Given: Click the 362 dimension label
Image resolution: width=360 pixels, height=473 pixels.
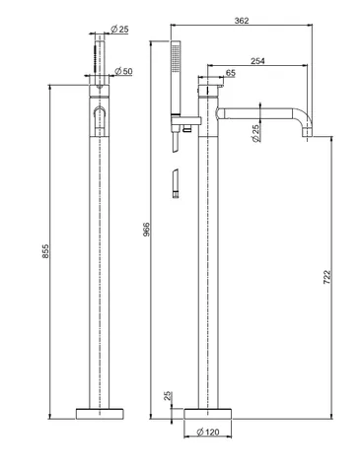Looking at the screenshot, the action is point(242,21).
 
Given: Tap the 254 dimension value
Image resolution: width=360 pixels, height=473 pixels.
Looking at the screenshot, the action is point(257,61).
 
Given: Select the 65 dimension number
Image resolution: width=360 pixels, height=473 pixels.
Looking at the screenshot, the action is point(231,73).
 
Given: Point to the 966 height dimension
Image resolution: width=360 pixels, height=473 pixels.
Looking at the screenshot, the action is point(146,230).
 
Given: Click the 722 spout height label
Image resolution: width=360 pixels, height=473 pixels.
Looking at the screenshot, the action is point(326,277).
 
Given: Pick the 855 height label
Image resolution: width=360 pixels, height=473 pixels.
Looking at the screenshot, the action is point(45,251).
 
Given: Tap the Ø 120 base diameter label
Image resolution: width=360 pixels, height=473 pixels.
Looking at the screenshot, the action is point(208,432).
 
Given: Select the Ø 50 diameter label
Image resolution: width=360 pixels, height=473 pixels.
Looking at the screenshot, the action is point(123,71).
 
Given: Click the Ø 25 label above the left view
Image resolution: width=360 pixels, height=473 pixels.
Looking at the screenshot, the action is point(119,30).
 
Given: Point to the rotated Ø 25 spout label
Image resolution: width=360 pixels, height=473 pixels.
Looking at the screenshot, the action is point(255,133).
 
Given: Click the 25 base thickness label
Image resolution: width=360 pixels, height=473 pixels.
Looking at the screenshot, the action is point(168,396).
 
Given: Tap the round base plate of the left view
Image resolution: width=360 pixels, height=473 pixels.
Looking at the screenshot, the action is point(100,414).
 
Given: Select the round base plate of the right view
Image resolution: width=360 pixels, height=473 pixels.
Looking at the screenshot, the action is point(208,414).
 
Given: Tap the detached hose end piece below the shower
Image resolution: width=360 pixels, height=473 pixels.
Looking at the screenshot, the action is point(176,183).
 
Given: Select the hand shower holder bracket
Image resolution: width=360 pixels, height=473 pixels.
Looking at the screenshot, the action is point(184,120).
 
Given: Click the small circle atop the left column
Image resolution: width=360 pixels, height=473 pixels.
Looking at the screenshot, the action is point(100,87).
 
